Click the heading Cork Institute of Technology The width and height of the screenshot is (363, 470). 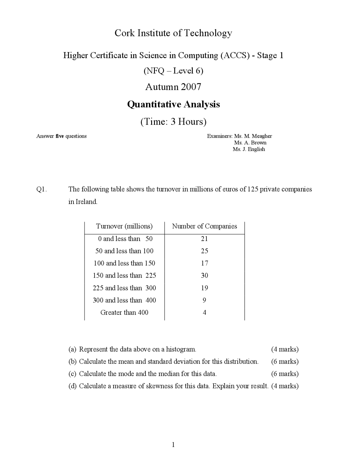tap(173, 33)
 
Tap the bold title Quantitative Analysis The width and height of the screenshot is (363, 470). tap(173, 104)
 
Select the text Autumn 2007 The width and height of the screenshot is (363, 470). tap(173, 87)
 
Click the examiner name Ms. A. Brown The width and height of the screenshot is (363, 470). tap(250, 143)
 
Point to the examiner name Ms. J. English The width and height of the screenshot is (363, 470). tap(249, 149)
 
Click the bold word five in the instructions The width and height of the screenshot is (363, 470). tap(60, 136)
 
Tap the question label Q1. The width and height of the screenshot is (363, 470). tap(41, 189)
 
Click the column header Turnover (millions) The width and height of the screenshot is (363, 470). tap(124, 226)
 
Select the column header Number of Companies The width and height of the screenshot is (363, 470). tap(204, 226)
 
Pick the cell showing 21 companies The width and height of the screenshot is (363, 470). tap(204, 239)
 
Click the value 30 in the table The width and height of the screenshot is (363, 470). tap(204, 276)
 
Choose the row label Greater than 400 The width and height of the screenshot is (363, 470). tap(124, 312)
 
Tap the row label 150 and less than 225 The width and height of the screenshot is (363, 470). tap(124, 276)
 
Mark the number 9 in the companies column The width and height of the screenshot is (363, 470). tap(204, 300)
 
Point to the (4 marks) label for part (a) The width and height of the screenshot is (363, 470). tap(285, 349)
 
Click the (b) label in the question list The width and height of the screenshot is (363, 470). tap(72, 362)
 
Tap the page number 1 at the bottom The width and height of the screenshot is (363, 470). tap(173, 445)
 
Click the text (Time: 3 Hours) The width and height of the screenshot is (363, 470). tap(173, 122)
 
